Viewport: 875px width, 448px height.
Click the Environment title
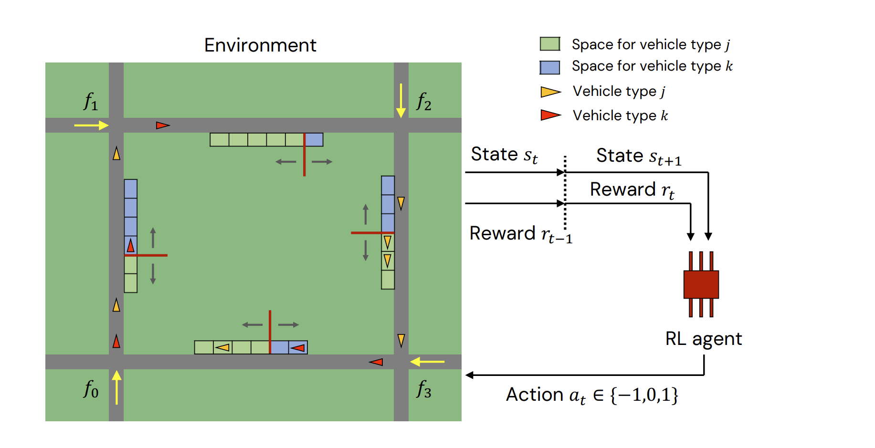tap(260, 45)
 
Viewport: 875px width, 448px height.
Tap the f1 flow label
tap(91, 102)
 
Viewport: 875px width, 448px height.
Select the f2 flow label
tap(423, 102)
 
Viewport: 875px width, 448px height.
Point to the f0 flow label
tap(91, 389)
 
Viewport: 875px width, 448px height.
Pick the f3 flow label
tap(423, 389)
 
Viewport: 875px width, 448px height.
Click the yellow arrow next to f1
tap(92, 125)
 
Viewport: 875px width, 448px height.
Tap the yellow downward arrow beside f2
tap(401, 101)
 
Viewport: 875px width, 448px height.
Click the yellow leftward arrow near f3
tap(427, 362)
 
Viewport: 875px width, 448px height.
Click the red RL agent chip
tap(701, 284)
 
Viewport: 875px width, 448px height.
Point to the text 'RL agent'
tap(703, 339)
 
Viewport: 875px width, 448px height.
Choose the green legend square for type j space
tap(549, 44)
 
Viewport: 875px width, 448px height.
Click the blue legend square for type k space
tap(549, 67)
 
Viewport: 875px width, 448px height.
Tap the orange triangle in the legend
tap(550, 92)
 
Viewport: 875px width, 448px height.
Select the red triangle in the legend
tap(550, 115)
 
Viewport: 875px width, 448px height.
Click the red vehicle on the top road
tap(163, 125)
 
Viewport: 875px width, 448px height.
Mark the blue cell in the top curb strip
tap(314, 139)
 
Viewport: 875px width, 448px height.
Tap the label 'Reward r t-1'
tap(520, 234)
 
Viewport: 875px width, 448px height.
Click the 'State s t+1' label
tap(639, 156)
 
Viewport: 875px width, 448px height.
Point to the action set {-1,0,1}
tap(644, 395)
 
